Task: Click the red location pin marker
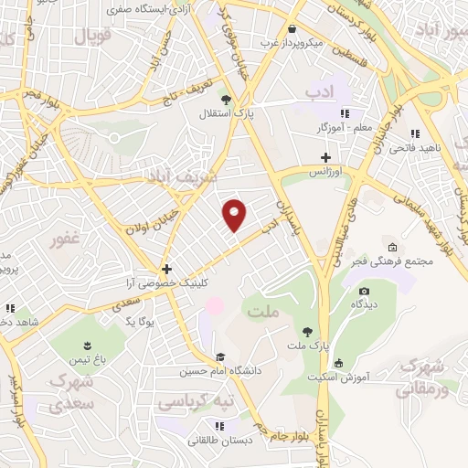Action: [x=235, y=214]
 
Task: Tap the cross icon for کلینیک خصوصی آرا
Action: [x=165, y=269]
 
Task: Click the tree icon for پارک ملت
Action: [x=306, y=331]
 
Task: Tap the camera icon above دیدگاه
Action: [x=364, y=291]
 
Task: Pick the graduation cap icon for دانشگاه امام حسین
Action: [x=219, y=357]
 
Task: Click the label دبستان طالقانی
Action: [x=218, y=440]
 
